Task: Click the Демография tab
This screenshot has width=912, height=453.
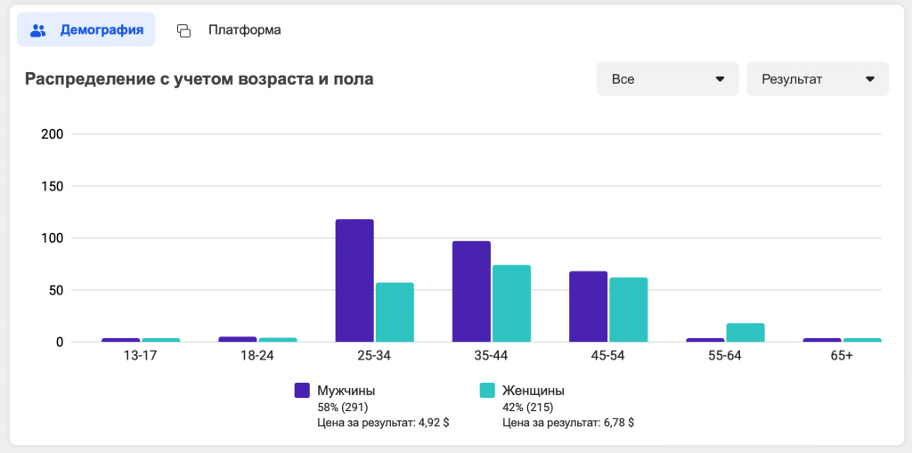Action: click(x=86, y=30)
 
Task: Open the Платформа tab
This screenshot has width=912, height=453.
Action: click(x=230, y=30)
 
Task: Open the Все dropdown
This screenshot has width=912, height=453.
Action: click(x=667, y=79)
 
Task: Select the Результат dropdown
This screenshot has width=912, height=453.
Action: click(x=818, y=79)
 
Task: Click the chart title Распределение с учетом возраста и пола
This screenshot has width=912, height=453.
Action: click(x=199, y=79)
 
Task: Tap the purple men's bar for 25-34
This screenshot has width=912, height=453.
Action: click(x=354, y=280)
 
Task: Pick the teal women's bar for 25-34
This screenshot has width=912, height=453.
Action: click(x=395, y=312)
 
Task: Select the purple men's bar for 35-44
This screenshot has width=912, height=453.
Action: click(x=471, y=292)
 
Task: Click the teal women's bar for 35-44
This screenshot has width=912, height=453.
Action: click(x=511, y=303)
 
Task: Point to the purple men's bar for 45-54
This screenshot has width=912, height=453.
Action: click(x=588, y=306)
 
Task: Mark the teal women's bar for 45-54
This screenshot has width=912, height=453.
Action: click(x=628, y=310)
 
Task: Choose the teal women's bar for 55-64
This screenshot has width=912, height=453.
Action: click(x=745, y=332)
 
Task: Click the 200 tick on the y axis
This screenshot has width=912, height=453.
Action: click(x=53, y=134)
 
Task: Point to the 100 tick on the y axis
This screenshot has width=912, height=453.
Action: click(x=53, y=239)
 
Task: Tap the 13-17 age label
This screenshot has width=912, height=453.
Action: click(x=141, y=356)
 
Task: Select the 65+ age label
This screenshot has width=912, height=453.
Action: click(x=842, y=356)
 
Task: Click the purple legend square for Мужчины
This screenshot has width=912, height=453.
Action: click(x=302, y=390)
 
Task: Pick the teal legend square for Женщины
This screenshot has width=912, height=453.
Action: click(x=487, y=390)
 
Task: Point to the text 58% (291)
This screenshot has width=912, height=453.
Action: click(x=343, y=407)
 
